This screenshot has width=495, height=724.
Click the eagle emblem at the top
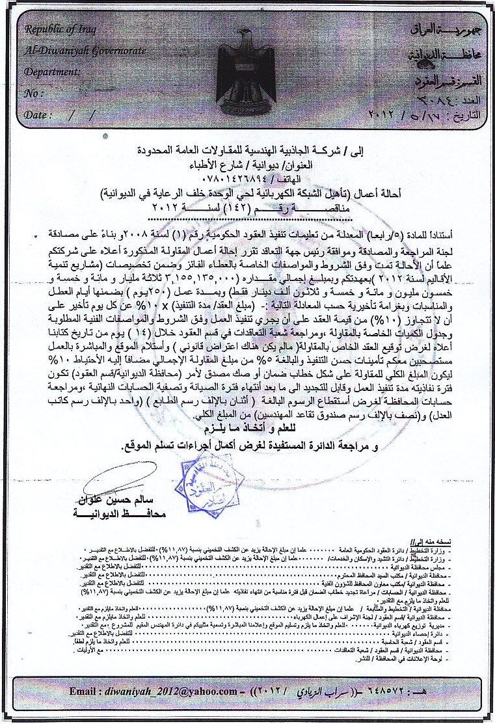coord(248,65)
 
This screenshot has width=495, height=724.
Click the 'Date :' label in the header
coord(38,114)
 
